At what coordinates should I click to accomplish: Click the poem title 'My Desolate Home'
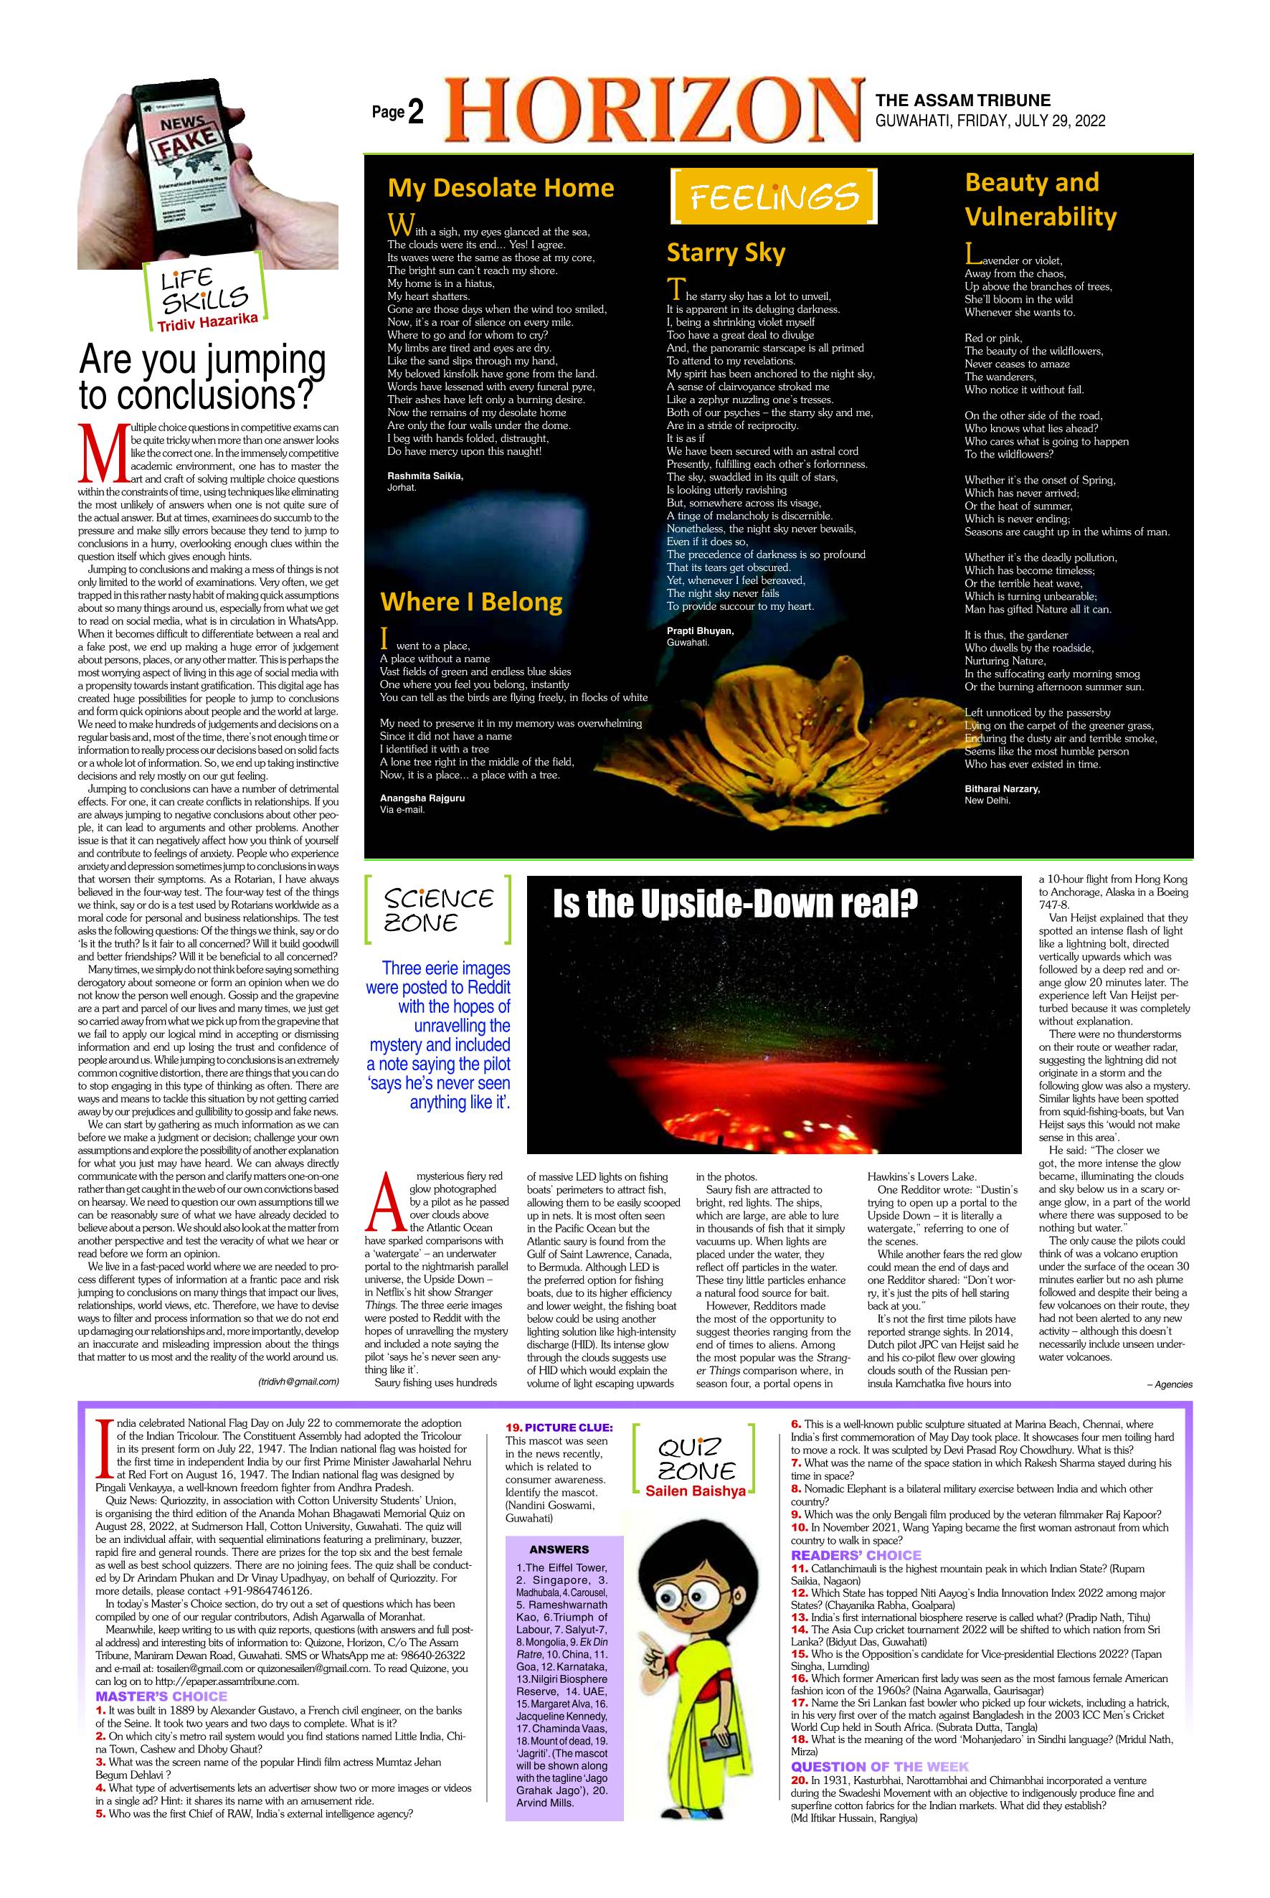tap(501, 188)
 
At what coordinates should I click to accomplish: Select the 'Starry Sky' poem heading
tap(726, 252)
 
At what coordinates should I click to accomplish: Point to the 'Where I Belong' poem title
tap(471, 601)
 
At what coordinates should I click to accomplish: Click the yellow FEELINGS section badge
tap(774, 196)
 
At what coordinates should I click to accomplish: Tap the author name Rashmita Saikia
tap(425, 476)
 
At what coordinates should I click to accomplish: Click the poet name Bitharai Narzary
tap(1002, 788)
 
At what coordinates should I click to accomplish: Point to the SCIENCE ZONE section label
tap(438, 910)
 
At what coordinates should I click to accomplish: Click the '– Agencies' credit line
tap(1170, 1384)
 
